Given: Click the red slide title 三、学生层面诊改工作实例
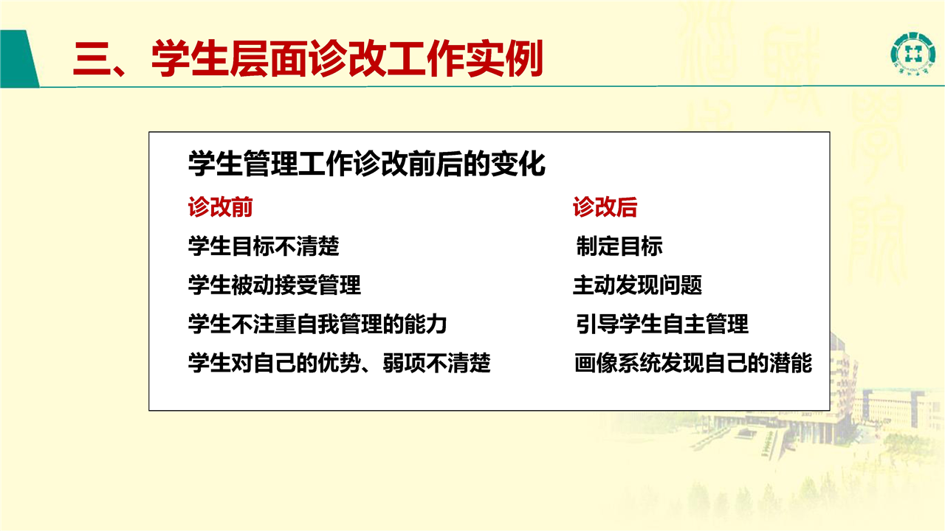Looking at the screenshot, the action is [308, 58].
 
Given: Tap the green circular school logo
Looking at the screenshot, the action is [913, 54].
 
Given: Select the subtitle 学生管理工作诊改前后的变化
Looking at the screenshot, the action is [367, 164].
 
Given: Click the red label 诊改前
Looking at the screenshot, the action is [220, 207].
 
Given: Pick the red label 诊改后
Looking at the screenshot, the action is [605, 207].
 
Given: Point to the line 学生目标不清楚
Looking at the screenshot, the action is [264, 246].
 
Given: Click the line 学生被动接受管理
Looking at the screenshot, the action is [275, 285].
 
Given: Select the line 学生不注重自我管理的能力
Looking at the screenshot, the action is [317, 324].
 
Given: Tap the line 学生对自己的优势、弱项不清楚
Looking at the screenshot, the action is [339, 363].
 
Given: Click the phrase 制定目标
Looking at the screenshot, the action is [619, 246].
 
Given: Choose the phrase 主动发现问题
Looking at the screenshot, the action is [637, 285].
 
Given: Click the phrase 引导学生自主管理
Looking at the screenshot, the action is [662, 324].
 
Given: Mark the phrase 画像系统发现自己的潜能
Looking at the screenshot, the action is [693, 363].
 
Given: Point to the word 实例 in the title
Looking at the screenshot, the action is [504, 58].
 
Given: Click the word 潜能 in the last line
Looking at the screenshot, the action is [791, 363].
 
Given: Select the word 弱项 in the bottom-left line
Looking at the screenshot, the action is [404, 363].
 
